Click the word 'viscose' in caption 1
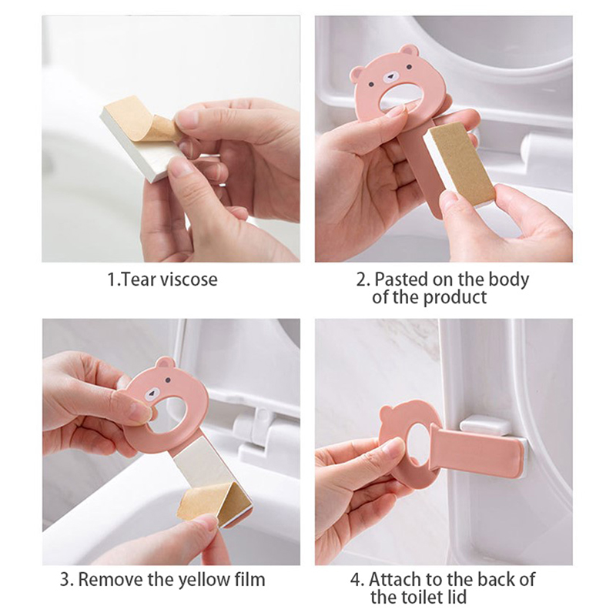tap(189, 280)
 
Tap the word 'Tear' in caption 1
tap(139, 280)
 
